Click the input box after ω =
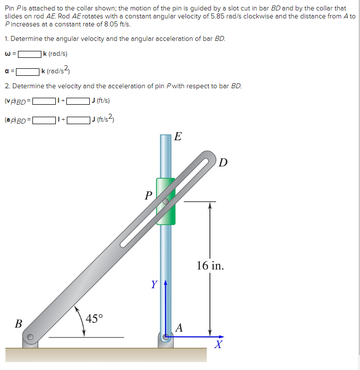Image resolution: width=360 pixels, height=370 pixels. click(x=29, y=54)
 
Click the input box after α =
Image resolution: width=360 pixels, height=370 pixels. click(x=28, y=71)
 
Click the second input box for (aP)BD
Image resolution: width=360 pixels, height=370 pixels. click(x=78, y=120)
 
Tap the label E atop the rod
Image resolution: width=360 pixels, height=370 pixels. click(x=179, y=137)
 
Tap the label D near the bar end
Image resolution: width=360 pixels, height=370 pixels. click(x=223, y=163)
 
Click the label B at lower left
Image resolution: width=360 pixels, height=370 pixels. click(x=18, y=323)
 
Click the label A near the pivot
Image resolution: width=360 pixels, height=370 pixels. click(x=180, y=328)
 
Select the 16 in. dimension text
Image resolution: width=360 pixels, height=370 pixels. click(x=210, y=265)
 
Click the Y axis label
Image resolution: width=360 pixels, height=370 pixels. click(x=155, y=285)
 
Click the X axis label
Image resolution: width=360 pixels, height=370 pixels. click(x=217, y=345)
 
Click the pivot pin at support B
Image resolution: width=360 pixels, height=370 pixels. click(x=30, y=337)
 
